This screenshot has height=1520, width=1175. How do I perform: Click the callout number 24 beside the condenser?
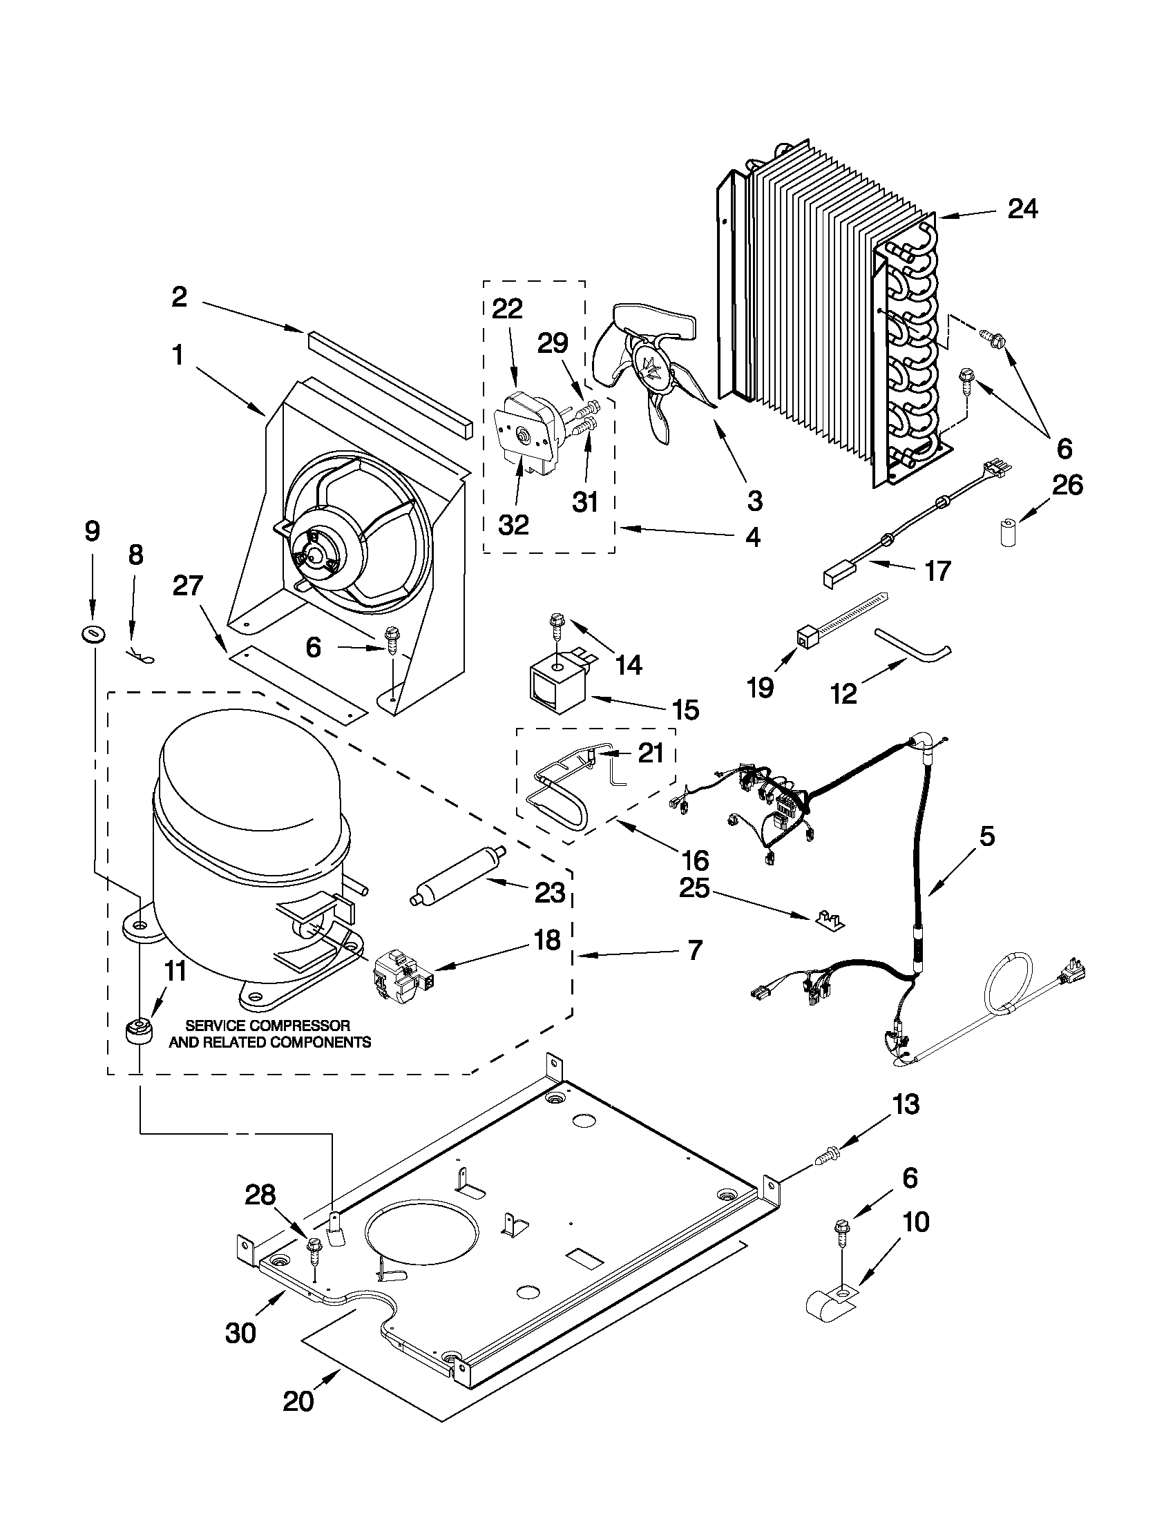click(x=1022, y=208)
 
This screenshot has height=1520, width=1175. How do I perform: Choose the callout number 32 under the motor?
click(x=514, y=525)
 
